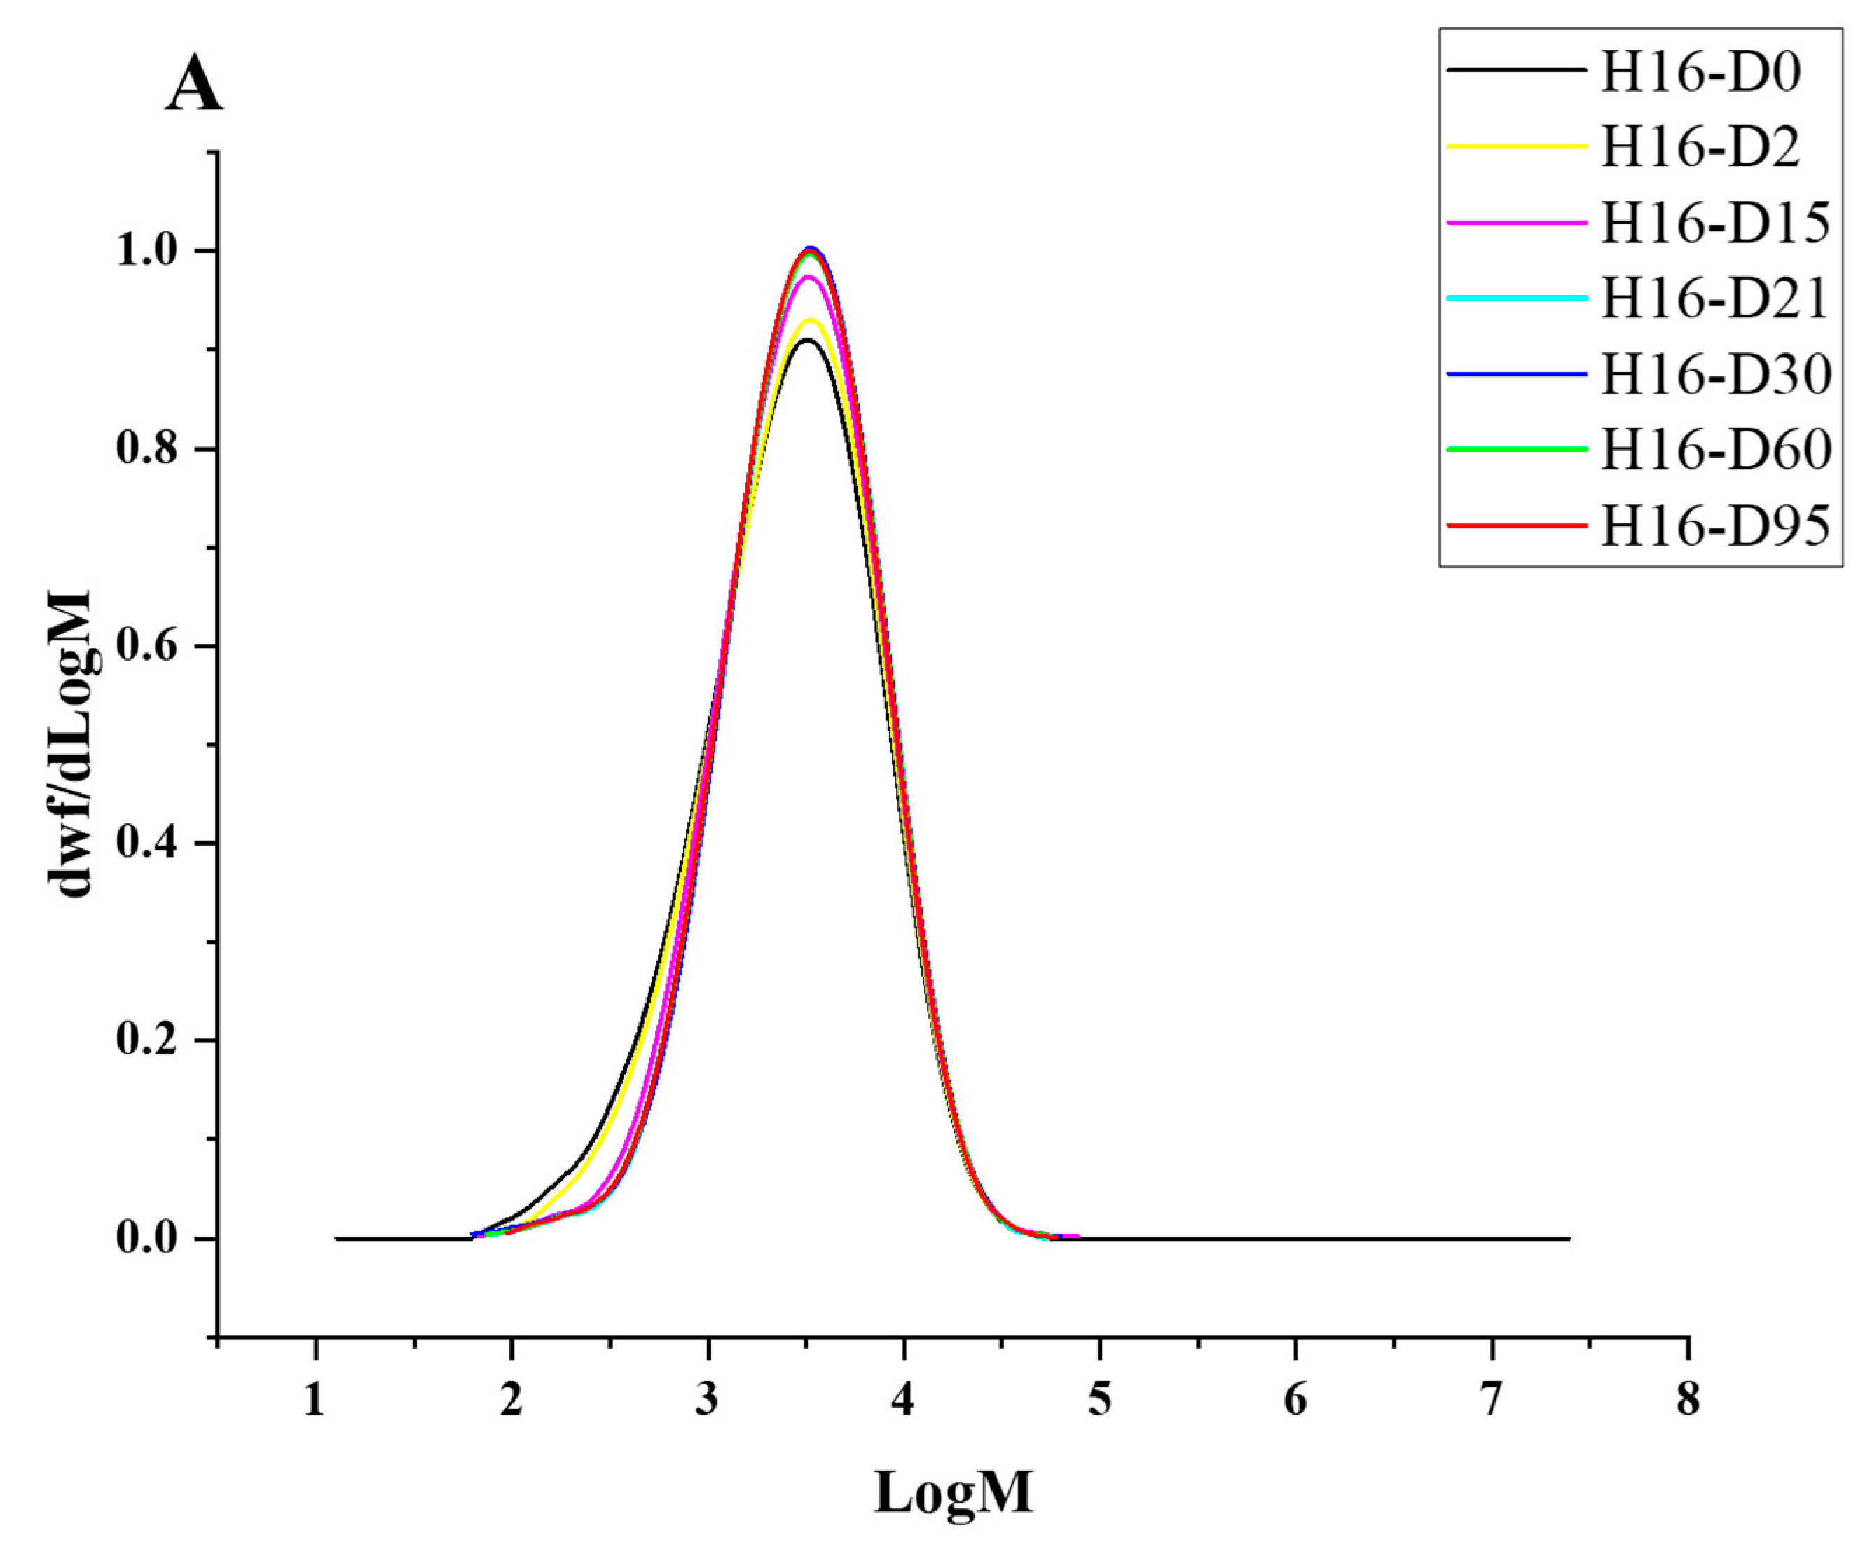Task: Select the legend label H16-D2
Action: pyautogui.click(x=1700, y=146)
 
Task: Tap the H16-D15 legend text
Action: pyautogui.click(x=1715, y=223)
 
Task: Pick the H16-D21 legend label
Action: pyautogui.click(x=1715, y=298)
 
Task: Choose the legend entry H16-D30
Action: pyautogui.click(x=1715, y=375)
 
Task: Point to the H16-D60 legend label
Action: pyautogui.click(x=1715, y=451)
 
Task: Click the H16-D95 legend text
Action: pyautogui.click(x=1715, y=525)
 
